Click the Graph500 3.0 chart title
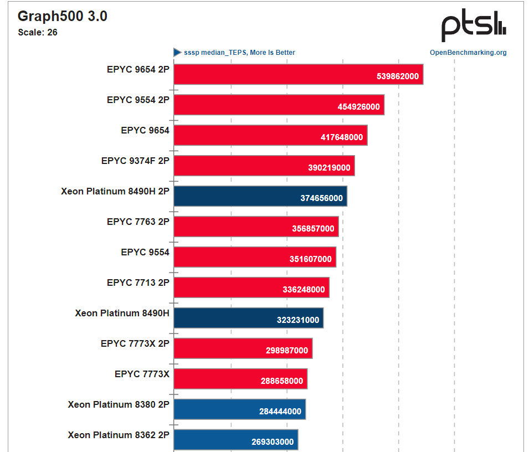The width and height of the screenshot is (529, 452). point(63,17)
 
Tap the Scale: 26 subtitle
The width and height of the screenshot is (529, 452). point(38,32)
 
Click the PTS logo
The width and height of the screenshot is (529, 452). point(473,26)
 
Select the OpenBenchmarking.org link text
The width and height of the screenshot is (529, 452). point(468,53)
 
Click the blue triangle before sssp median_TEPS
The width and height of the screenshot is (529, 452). point(177,53)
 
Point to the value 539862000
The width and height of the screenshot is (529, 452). point(398,76)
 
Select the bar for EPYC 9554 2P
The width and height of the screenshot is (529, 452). point(279,105)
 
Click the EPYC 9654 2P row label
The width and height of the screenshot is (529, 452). point(138,70)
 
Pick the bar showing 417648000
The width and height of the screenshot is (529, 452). point(270,135)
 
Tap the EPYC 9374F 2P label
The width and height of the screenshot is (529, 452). point(135,161)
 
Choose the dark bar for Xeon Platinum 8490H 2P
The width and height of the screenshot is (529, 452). point(260,196)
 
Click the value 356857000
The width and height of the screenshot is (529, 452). point(313,229)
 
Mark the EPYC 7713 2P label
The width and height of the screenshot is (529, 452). point(138,282)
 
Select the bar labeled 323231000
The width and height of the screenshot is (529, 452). point(248,318)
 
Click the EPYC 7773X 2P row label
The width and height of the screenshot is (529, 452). point(135,343)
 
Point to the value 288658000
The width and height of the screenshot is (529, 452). point(282,381)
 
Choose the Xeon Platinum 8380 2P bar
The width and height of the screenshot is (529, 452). point(239,409)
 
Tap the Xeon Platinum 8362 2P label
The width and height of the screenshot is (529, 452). point(119,435)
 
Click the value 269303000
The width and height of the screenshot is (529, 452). point(273,442)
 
